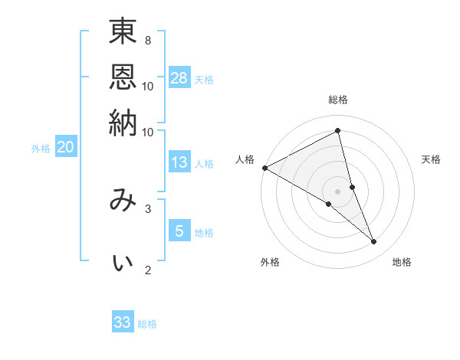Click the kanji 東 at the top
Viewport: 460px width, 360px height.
click(123, 33)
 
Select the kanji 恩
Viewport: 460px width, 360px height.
click(123, 77)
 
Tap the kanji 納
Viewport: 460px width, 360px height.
click(123, 122)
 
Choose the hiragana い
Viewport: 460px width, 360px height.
click(123, 263)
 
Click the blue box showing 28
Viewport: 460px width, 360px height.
click(179, 77)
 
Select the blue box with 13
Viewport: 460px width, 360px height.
click(179, 162)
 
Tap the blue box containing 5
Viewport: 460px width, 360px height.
click(179, 231)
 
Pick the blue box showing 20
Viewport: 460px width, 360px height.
click(65, 148)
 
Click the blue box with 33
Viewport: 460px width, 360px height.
click(123, 322)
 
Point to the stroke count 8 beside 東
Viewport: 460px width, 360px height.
click(147, 40)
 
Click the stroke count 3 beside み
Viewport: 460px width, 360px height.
click(147, 208)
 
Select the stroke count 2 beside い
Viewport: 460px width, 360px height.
click(147, 270)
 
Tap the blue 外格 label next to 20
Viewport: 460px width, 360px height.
click(41, 149)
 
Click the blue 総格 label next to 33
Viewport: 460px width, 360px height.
click(147, 324)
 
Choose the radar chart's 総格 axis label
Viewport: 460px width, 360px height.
click(338, 100)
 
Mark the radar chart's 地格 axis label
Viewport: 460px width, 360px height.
click(402, 263)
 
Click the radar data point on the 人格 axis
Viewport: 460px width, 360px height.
click(264, 168)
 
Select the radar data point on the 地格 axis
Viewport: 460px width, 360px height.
click(374, 242)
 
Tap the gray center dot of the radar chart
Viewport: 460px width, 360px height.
click(338, 191)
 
